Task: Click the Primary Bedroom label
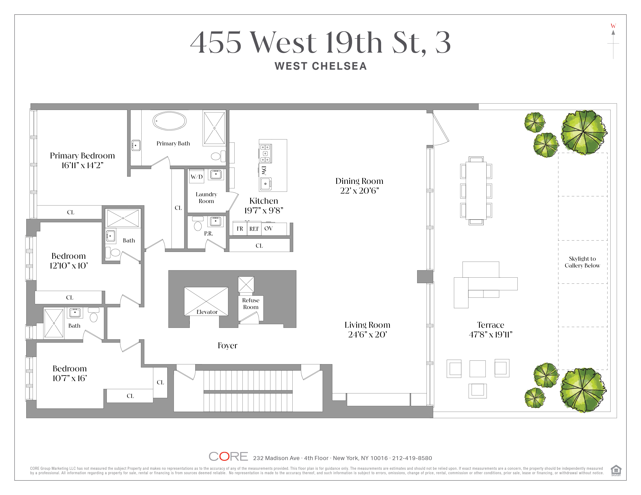[x=82, y=156]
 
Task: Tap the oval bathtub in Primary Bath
[x=169, y=121]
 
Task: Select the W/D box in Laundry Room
[x=197, y=176]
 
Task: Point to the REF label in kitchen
[x=254, y=229]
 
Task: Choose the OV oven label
[x=268, y=228]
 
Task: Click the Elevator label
[x=207, y=312]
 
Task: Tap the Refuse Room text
[x=251, y=304]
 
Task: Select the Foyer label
[x=227, y=346]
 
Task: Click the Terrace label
[x=490, y=325]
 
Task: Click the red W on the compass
[x=613, y=26]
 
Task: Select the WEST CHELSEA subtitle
[x=320, y=66]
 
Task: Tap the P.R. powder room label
[x=208, y=233]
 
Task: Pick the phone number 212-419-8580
[x=412, y=458]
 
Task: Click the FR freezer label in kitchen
[x=240, y=229]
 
